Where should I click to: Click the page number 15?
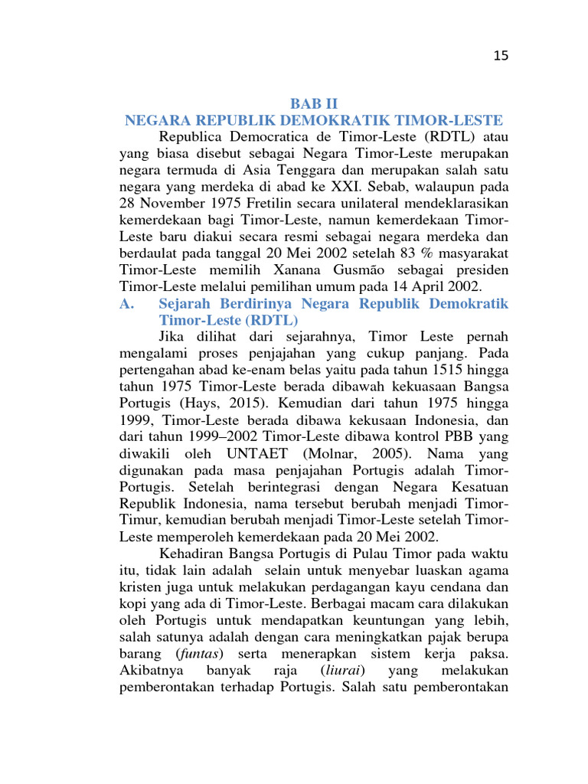pos(501,55)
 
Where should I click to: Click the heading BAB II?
pos(313,103)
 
